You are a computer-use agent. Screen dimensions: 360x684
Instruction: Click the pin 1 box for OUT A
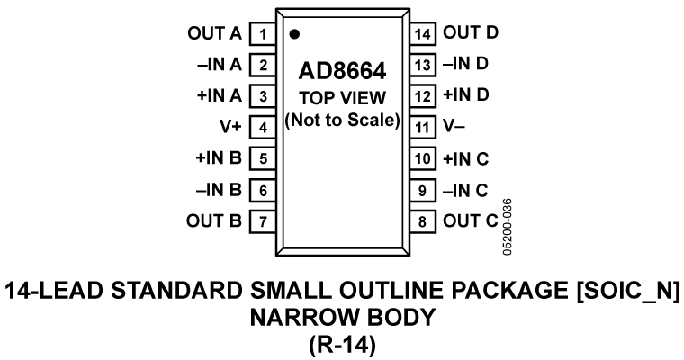coord(263,34)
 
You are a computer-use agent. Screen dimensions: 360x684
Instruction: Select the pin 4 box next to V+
coord(263,127)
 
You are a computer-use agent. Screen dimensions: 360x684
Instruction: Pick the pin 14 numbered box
coord(423,34)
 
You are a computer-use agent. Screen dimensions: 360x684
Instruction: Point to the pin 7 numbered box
coord(263,219)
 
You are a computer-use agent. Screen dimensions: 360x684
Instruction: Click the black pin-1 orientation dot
coord(294,34)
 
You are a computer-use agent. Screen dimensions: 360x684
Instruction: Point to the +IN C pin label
coord(465,158)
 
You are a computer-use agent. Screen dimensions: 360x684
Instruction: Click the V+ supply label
coord(230,127)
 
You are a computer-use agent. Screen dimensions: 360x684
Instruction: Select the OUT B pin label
coord(214,219)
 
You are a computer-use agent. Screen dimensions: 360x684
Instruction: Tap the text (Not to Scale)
coord(342,120)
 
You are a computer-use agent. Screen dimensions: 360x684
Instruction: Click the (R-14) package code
coord(342,344)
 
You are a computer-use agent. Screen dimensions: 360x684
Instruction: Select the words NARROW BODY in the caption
coord(342,317)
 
